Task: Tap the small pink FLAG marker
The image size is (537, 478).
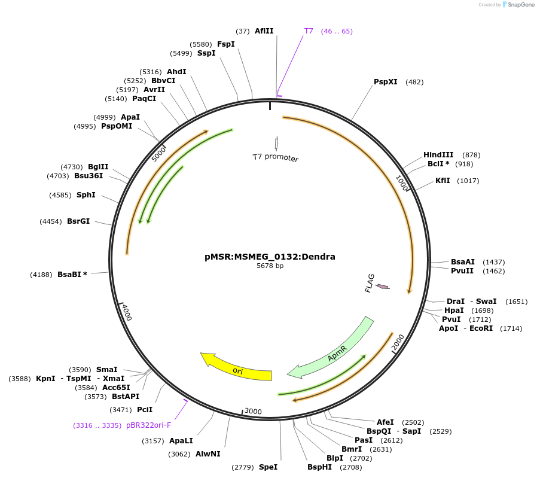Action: [382, 287]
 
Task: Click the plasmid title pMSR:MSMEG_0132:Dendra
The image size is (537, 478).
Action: [270, 257]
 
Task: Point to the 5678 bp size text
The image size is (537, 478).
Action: [270, 266]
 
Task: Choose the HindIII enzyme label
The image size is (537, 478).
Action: [438, 154]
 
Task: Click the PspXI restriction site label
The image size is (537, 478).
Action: [386, 82]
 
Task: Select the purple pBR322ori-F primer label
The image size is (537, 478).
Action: [148, 425]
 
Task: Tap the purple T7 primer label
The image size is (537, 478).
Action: [309, 31]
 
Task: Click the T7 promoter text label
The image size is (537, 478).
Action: [275, 157]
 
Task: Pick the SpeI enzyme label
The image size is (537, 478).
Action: [268, 467]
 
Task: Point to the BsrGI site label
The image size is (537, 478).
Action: [78, 221]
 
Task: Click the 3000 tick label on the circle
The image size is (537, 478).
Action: [253, 411]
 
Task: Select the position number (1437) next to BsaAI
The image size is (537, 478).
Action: [494, 262]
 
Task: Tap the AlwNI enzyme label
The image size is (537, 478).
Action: [208, 454]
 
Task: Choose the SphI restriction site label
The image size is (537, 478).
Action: [86, 195]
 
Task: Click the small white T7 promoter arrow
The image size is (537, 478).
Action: [276, 143]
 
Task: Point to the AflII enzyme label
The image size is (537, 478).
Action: [264, 31]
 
